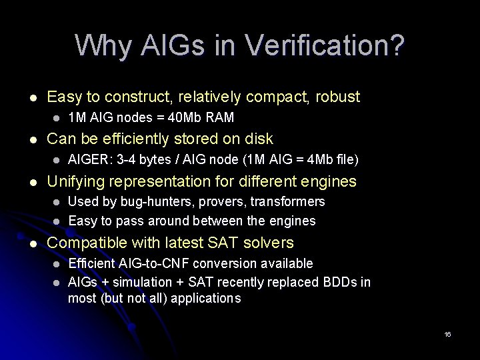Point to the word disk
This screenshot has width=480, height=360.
(x=259, y=139)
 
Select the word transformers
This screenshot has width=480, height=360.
(x=287, y=201)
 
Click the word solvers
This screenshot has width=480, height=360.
(x=269, y=243)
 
